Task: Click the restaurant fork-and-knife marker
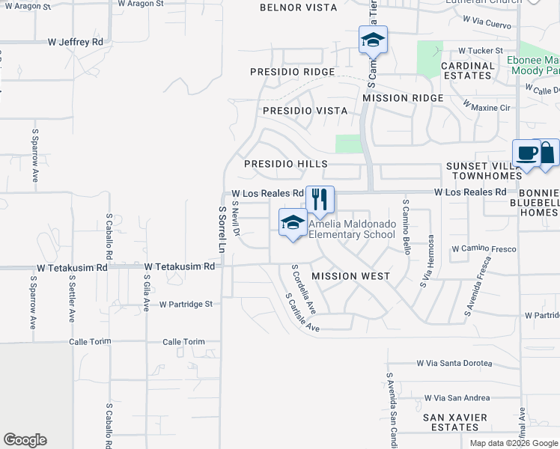320,199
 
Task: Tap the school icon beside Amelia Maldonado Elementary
293,222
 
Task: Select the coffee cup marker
527,153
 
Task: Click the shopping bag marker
548,153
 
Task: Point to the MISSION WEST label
350,276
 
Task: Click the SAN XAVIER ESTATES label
455,422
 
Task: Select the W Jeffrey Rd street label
75,42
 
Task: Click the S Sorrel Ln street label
222,229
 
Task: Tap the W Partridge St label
186,305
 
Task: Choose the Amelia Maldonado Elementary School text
352,229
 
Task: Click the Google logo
25,440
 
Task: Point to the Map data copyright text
514,442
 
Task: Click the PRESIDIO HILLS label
286,164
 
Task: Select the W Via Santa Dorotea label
454,364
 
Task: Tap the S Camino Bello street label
406,227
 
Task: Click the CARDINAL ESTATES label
468,70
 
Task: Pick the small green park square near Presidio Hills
347,144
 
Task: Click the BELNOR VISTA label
298,7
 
